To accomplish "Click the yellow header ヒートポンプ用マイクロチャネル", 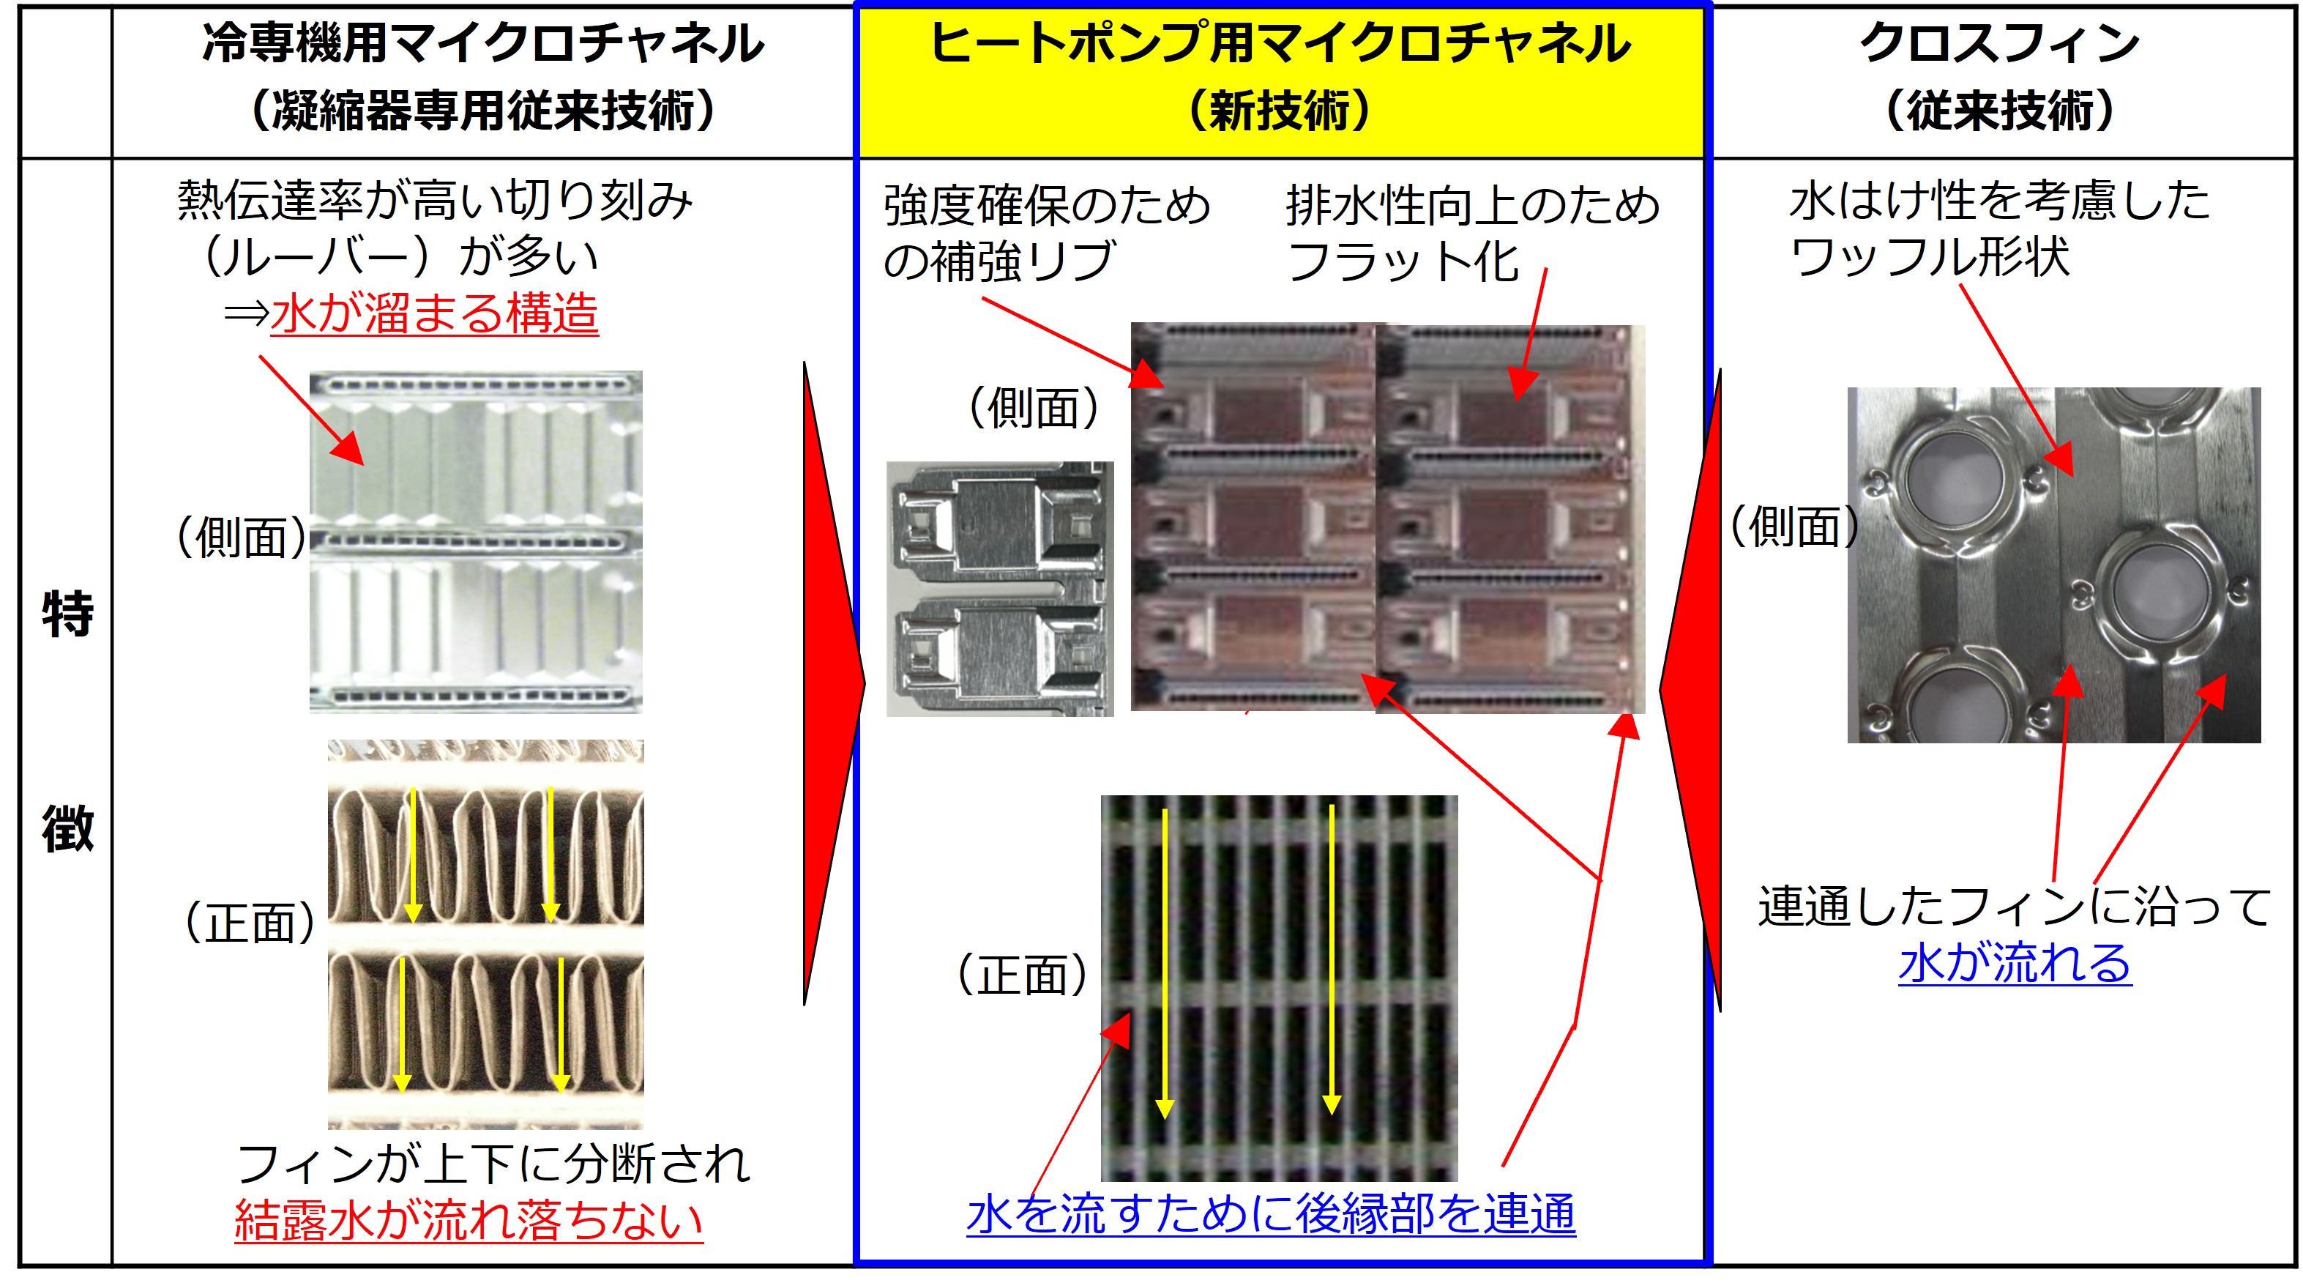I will [x=1280, y=45].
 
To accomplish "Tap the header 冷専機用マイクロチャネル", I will [x=482, y=45].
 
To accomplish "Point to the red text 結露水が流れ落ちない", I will [x=469, y=1219].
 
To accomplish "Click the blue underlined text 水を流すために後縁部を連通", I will [x=1270, y=1215].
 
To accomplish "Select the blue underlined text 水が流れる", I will [x=2015, y=963].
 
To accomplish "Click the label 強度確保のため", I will [x=1046, y=206].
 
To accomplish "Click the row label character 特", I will [x=67, y=614].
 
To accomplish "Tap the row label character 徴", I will [x=67, y=829].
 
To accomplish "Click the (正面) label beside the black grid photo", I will [x=1022, y=975].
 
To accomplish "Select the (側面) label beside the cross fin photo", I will [x=1794, y=526].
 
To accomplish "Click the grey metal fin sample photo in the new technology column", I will [x=999, y=588].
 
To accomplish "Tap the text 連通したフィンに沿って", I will [x=2013, y=907].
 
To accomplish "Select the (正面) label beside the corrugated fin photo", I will [x=250, y=923].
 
